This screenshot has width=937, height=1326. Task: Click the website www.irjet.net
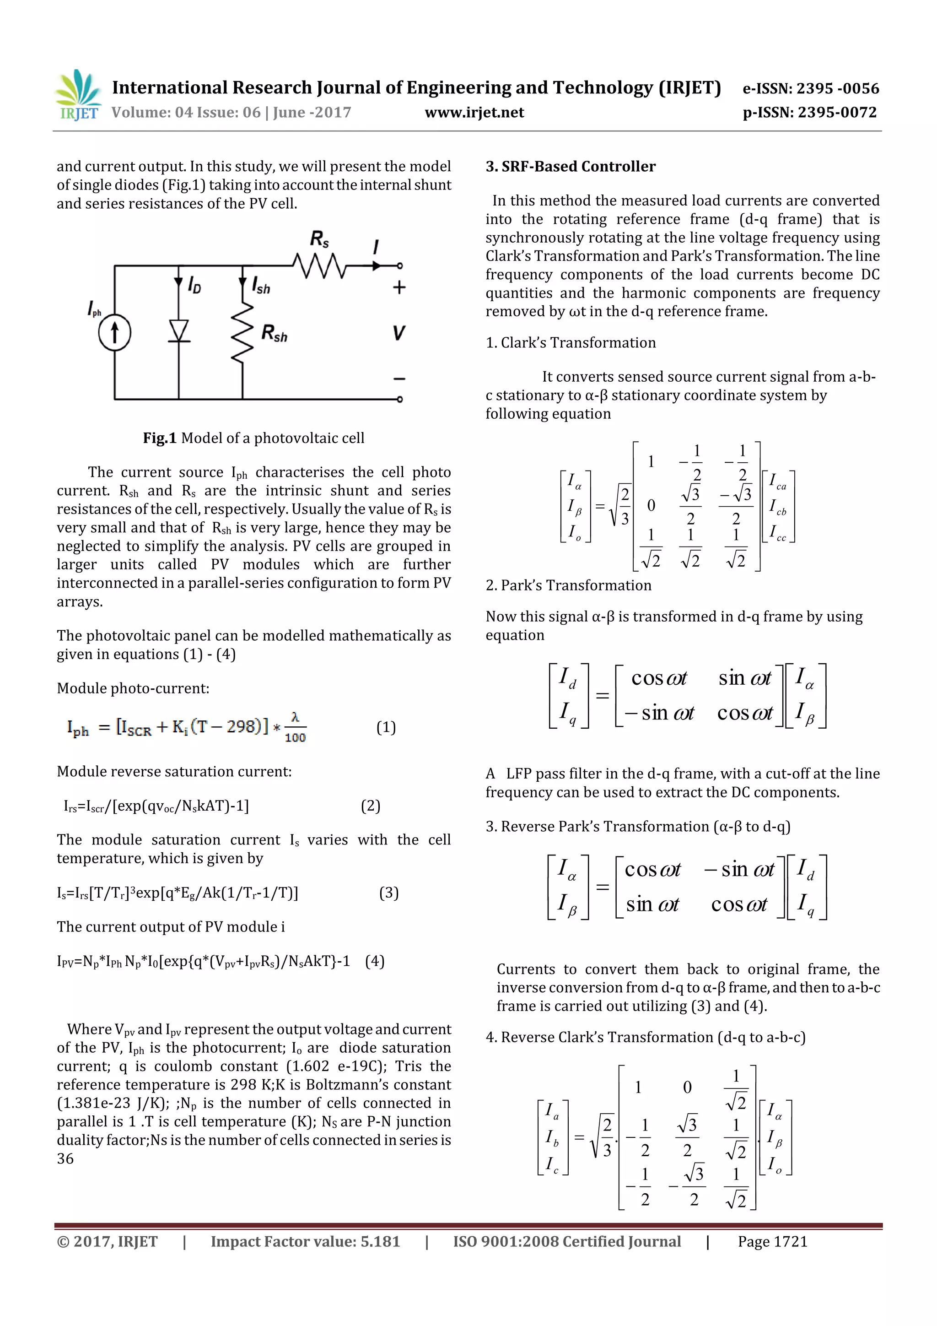[x=474, y=113]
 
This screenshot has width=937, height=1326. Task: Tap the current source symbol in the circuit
[x=114, y=333]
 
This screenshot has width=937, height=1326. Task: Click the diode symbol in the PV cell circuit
[x=179, y=331]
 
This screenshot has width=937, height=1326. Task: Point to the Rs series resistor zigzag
[x=319, y=266]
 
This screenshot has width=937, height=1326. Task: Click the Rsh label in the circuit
[x=274, y=333]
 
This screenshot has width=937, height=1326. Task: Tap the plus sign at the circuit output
[x=399, y=287]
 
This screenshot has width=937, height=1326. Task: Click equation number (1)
[x=386, y=727]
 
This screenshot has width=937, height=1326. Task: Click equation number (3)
[x=388, y=893]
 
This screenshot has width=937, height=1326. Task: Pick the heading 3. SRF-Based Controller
[x=571, y=167]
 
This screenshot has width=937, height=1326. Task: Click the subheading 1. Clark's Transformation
[x=571, y=343]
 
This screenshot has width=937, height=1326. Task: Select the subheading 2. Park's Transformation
[x=568, y=585]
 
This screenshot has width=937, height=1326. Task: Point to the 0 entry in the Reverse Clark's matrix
[x=687, y=1088]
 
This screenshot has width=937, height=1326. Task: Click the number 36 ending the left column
[x=65, y=1159]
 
